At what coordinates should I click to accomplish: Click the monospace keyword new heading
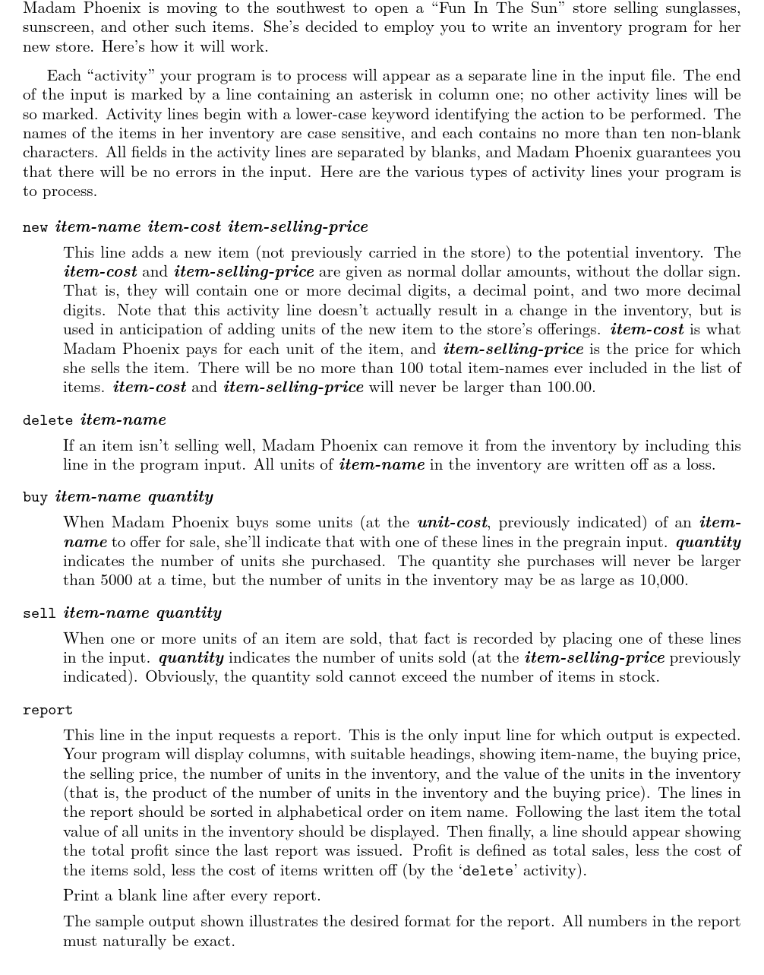click(x=35, y=227)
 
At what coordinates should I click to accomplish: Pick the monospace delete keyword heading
click(x=48, y=420)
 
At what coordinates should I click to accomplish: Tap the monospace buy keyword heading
click(x=35, y=497)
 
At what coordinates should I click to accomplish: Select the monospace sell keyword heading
click(x=39, y=613)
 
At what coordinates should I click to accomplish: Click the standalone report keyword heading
click(x=48, y=711)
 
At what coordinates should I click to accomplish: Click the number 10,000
click(x=661, y=581)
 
